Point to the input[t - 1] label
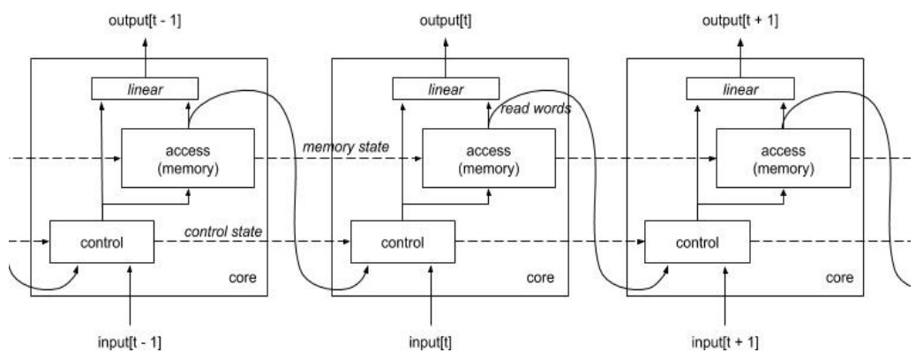click(x=131, y=341)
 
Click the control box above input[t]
click(x=402, y=241)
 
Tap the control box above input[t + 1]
click(x=696, y=241)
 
